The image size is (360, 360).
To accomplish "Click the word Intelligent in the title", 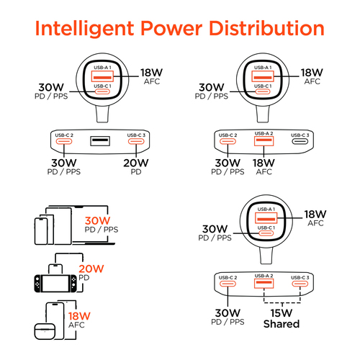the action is click(x=84, y=29).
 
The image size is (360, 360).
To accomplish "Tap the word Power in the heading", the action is click(x=171, y=28).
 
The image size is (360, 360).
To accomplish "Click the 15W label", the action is click(x=282, y=312).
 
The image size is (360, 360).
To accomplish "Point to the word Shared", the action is click(x=282, y=324).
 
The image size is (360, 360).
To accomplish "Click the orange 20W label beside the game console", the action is click(x=91, y=269).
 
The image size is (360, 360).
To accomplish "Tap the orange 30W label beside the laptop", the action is click(x=97, y=220).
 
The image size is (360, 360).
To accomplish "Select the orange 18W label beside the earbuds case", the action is click(x=79, y=316).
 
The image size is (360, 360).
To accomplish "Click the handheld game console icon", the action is click(x=55, y=284).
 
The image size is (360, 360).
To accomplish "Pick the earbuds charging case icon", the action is click(x=45, y=332).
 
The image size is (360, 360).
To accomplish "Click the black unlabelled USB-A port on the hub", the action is click(x=100, y=141).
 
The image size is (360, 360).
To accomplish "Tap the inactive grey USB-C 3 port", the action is click(x=300, y=141).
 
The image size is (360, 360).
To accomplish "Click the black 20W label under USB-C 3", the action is click(x=136, y=163).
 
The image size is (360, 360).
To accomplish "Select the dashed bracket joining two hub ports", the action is click(x=282, y=302).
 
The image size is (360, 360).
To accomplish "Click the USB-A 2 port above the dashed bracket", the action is click(x=264, y=284).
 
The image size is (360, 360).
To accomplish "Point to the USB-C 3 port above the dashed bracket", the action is click(x=300, y=284).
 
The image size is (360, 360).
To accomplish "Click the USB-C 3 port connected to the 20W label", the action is click(x=136, y=141).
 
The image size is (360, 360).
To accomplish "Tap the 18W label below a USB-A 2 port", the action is click(x=264, y=163).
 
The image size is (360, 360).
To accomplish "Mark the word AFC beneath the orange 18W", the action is click(x=76, y=325).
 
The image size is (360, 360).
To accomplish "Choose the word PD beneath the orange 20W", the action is click(x=84, y=278).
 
